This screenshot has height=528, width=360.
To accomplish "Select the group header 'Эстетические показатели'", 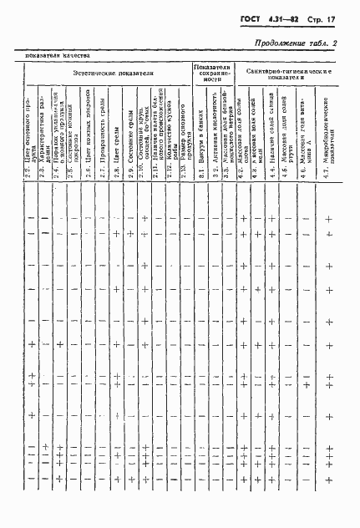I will pyautogui.click(x=113, y=74).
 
